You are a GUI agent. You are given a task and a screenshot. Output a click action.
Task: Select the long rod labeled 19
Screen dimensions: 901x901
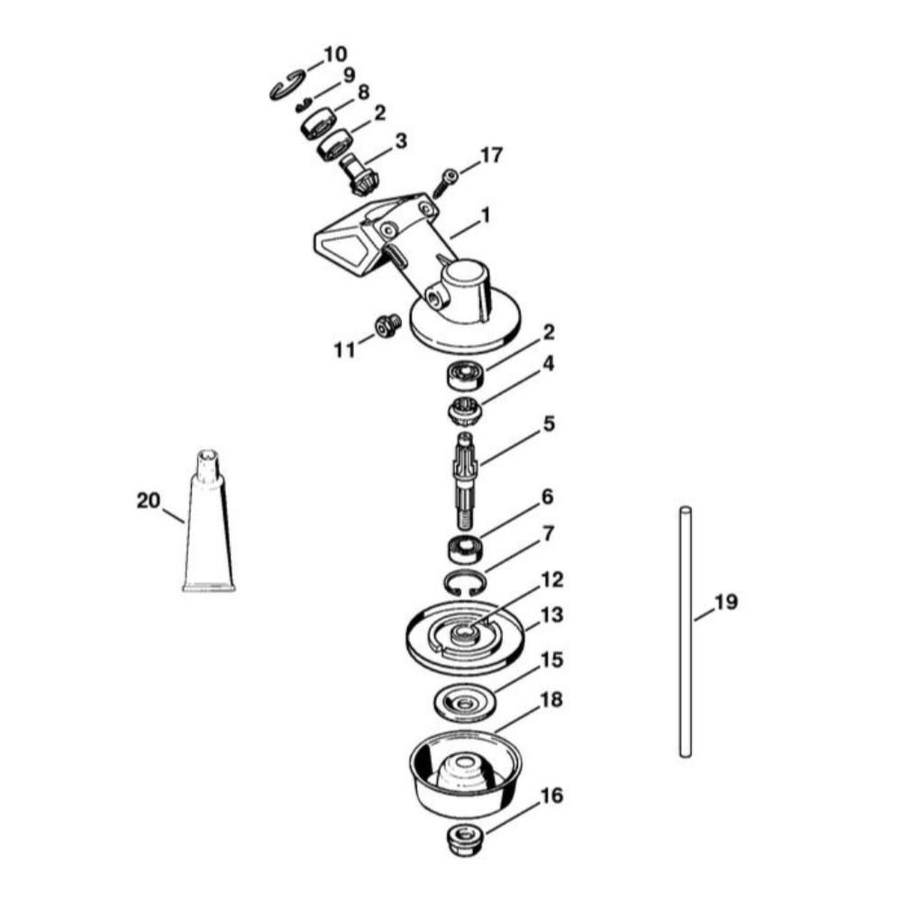coord(685,632)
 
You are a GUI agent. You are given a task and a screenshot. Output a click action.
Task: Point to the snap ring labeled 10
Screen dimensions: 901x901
coord(288,85)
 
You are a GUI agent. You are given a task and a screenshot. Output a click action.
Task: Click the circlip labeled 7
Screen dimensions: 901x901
coord(466,583)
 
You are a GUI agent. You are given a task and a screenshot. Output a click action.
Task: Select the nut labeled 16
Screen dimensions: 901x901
coord(466,841)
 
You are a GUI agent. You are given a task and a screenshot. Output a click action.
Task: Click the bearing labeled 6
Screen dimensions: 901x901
coord(466,548)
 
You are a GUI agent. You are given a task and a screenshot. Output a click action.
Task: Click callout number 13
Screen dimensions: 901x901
coord(551,614)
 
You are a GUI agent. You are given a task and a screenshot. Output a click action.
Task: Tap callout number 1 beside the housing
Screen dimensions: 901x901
coord(486,216)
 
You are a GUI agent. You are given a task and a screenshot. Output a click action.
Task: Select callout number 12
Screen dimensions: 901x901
coord(551,579)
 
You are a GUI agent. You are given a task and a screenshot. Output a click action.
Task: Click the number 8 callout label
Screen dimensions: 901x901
coord(363,92)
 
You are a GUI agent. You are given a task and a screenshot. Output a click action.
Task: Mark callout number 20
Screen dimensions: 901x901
coord(149,500)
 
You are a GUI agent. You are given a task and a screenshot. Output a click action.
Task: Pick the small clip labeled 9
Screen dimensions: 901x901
coord(304,105)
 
